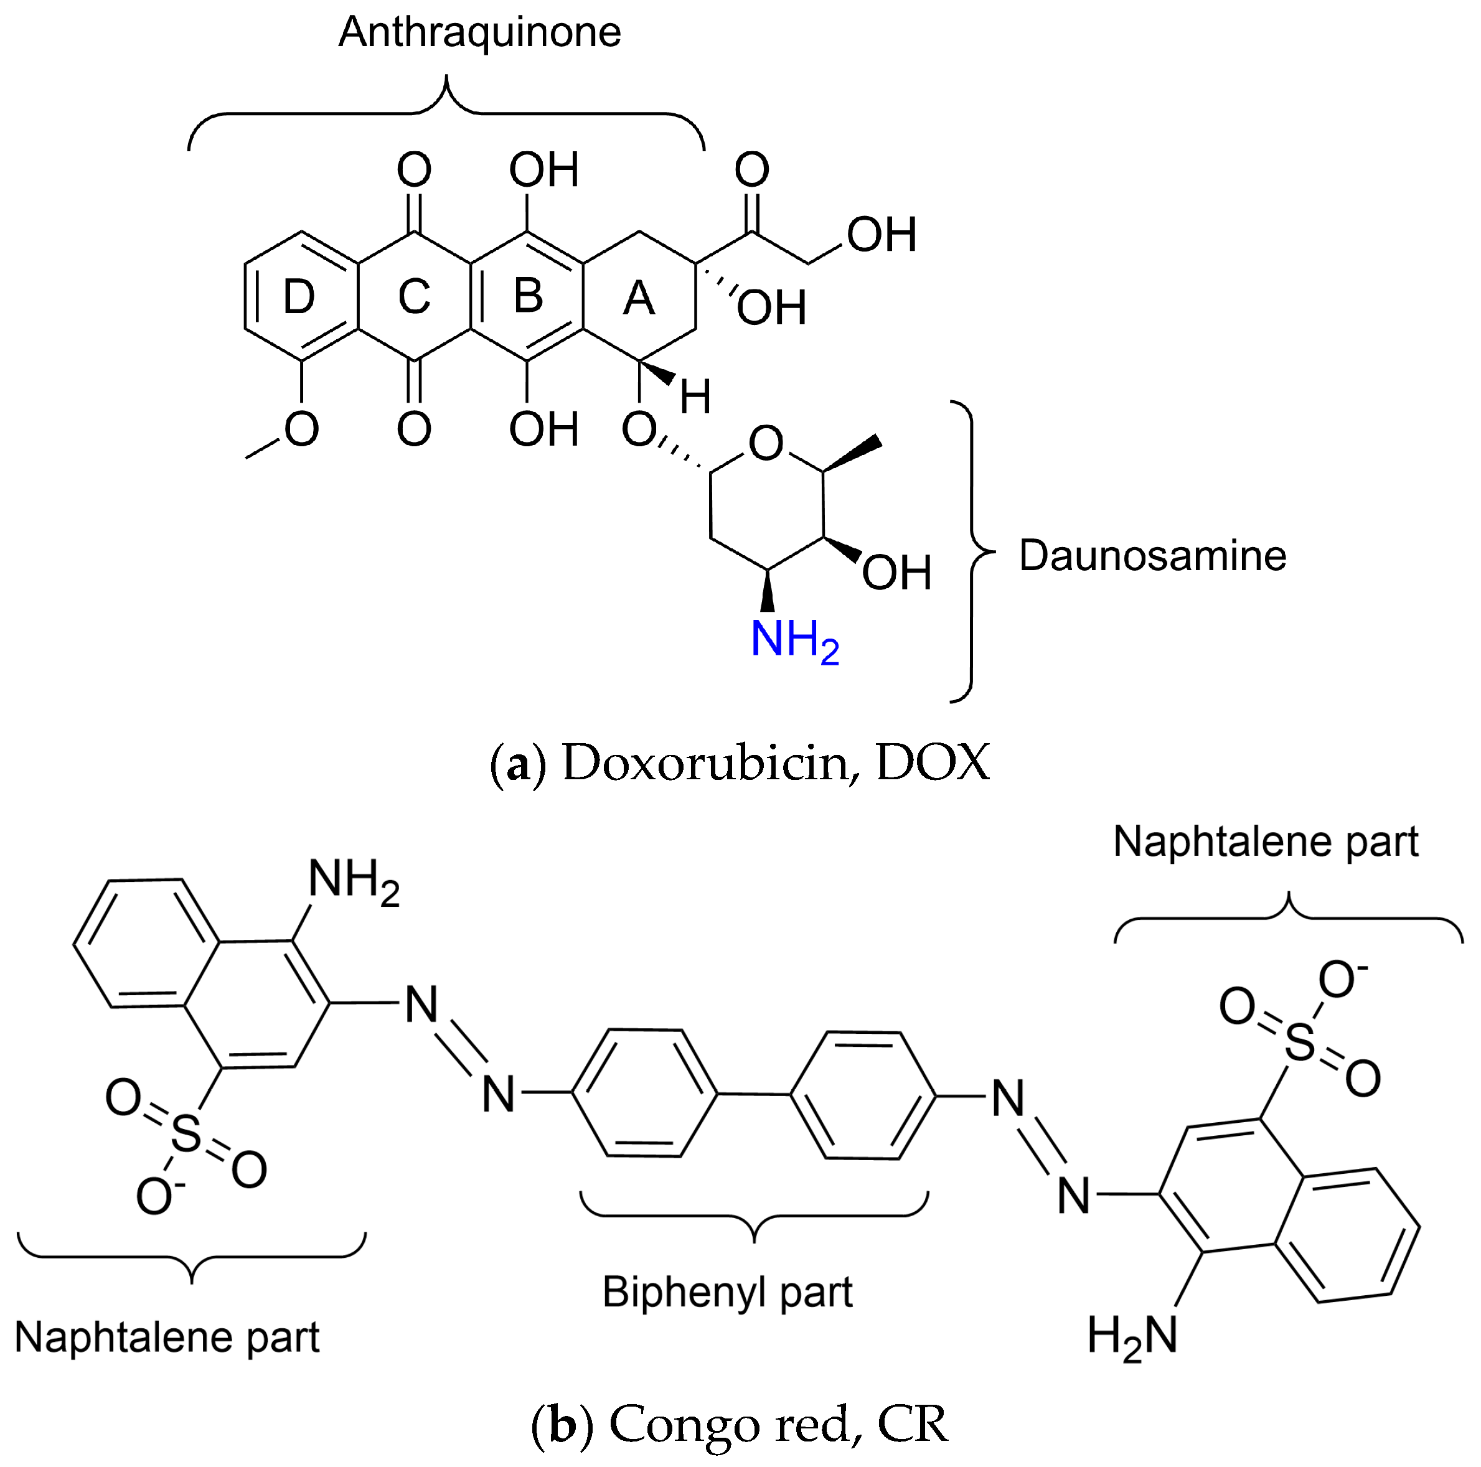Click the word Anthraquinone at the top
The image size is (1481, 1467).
click(x=480, y=33)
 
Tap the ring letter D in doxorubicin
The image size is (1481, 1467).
click(x=299, y=297)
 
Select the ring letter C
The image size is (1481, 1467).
click(x=414, y=297)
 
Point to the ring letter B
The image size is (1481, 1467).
click(x=528, y=296)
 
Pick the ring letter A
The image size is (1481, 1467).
click(x=639, y=298)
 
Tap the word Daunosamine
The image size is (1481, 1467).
click(x=1152, y=555)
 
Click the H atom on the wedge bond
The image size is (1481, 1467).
click(x=695, y=398)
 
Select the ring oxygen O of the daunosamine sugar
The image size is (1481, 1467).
click(x=766, y=443)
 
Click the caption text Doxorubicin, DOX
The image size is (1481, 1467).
click(x=776, y=762)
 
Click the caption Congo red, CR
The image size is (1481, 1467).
click(x=778, y=1423)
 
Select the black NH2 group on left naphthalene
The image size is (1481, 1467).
click(x=354, y=880)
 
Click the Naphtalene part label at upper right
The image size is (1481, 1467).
click(x=1266, y=841)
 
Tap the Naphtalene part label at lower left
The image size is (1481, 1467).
click(x=167, y=1338)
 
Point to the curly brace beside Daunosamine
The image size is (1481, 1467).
click(x=972, y=551)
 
